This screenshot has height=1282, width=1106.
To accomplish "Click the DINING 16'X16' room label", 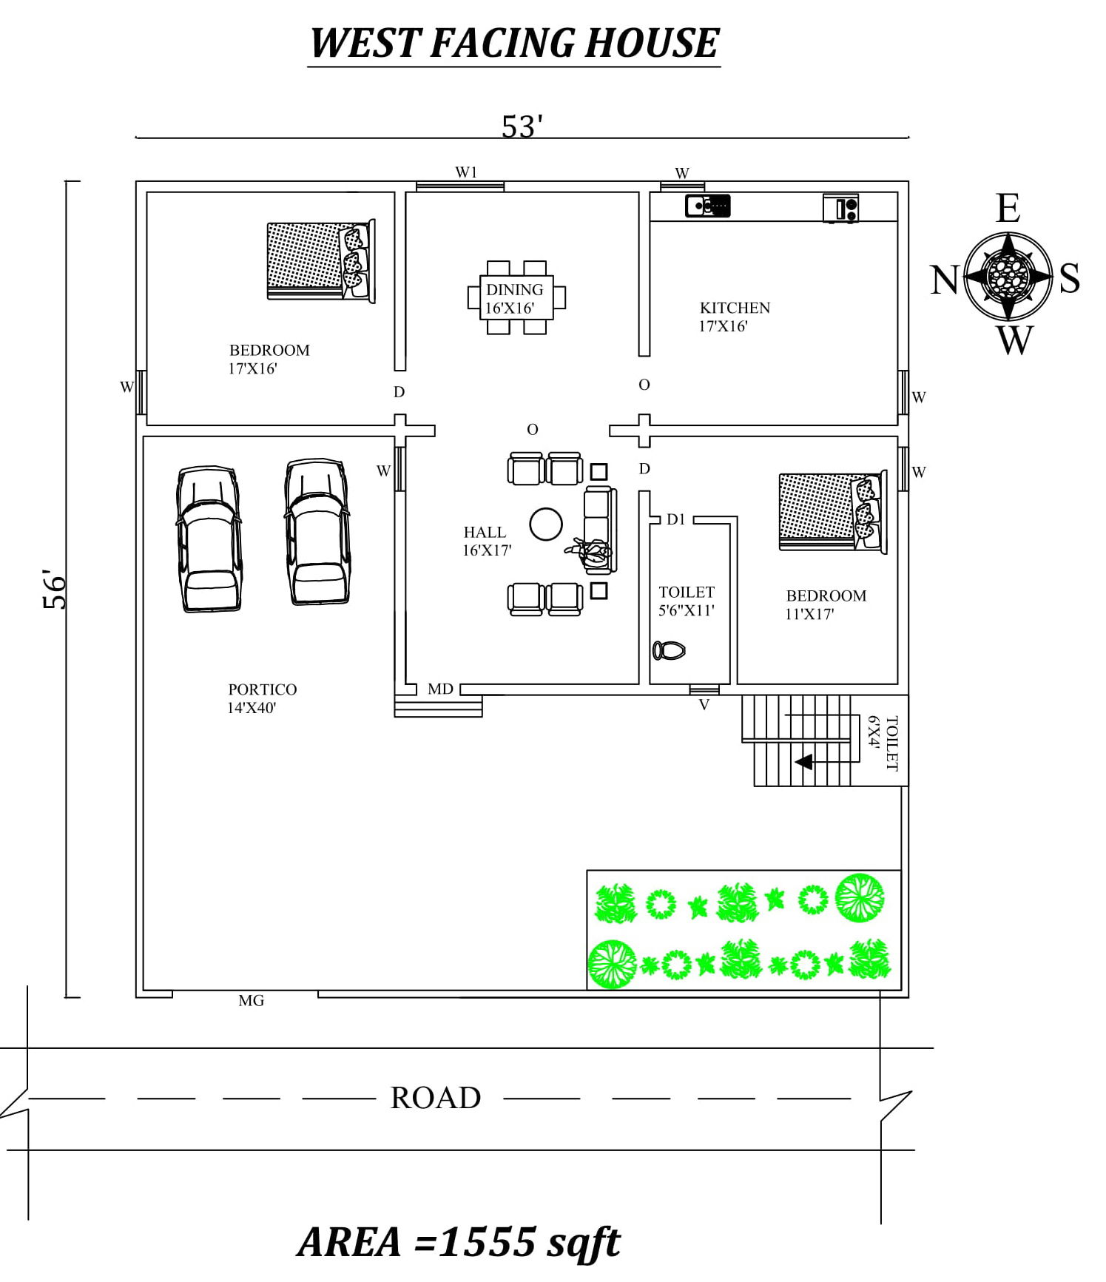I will pyautogui.click(x=513, y=299).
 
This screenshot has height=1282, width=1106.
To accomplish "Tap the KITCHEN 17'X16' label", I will pyautogui.click(x=734, y=317).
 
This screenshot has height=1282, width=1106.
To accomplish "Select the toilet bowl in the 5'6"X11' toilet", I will pyautogui.click(x=669, y=650).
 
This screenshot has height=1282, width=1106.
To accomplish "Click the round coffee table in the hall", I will pyautogui.click(x=546, y=524).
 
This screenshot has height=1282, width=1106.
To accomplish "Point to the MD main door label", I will pyautogui.click(x=440, y=689).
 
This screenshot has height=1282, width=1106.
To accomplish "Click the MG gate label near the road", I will pyautogui.click(x=251, y=1001).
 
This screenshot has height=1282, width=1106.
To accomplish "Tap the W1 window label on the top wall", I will pyautogui.click(x=466, y=172).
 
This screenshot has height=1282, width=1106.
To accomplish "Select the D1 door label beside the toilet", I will pyautogui.click(x=675, y=519).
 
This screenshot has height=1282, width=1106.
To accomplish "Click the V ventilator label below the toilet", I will pyautogui.click(x=704, y=705).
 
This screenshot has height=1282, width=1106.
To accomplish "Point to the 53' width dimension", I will pyautogui.click(x=522, y=127).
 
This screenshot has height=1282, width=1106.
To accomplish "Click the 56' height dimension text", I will pyautogui.click(x=55, y=589).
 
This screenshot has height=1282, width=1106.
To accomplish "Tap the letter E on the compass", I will pyautogui.click(x=1008, y=209).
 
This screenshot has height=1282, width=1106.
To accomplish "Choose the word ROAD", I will pyautogui.click(x=435, y=1098).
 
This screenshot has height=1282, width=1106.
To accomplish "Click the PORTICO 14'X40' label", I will pyautogui.click(x=261, y=698).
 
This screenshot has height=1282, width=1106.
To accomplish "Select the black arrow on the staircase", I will pyautogui.click(x=803, y=761).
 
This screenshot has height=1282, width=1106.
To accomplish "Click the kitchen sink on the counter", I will pyautogui.click(x=707, y=206).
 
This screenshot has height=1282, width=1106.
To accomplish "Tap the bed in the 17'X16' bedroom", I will pyautogui.click(x=320, y=260).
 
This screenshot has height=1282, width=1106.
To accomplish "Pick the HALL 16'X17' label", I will pyautogui.click(x=486, y=541).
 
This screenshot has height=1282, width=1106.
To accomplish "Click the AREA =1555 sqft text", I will pyautogui.click(x=459, y=1241).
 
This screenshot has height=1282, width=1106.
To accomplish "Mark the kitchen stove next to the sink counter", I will pyautogui.click(x=841, y=208).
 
